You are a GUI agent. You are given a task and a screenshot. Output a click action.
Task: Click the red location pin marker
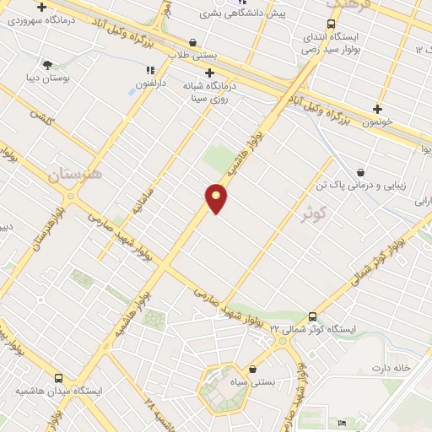tap(217, 197)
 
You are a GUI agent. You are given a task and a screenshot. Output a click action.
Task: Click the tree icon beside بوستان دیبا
tap(47, 64)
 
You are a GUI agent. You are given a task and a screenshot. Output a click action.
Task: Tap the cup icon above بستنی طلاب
tap(193, 41)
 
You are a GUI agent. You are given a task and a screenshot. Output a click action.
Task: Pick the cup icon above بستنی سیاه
tap(253, 369)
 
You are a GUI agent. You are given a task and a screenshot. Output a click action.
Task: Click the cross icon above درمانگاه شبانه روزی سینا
tap(208, 72)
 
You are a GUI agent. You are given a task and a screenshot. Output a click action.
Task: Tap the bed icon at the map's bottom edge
tap(341, 423)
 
